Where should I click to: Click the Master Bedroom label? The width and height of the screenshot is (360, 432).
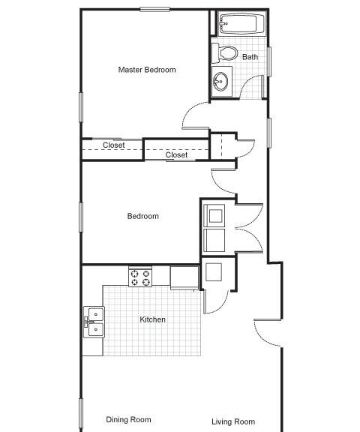click(147, 70)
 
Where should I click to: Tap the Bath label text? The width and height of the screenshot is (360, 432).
click(250, 57)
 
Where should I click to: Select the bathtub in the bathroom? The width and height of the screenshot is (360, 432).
click(241, 23)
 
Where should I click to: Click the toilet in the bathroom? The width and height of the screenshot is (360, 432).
click(225, 53)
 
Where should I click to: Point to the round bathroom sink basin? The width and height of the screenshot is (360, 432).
click(220, 81)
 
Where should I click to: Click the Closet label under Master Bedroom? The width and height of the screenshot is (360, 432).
click(114, 145)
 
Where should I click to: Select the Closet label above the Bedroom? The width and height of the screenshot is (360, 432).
click(176, 154)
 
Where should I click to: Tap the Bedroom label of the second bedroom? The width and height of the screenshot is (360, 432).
click(143, 216)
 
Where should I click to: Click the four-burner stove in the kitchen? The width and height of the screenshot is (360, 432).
click(140, 277)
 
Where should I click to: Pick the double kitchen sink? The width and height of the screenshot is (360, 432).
click(94, 322)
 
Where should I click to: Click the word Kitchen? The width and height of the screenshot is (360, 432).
click(152, 319)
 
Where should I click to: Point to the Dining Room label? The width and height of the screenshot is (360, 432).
click(129, 419)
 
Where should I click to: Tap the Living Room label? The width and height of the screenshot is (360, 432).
click(233, 421)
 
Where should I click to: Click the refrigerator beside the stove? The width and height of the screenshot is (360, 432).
click(184, 277)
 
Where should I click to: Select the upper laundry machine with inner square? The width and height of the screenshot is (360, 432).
click(214, 216)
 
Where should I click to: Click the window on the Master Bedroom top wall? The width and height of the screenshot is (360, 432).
click(154, 9)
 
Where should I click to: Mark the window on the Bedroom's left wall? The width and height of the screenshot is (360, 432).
click(81, 217)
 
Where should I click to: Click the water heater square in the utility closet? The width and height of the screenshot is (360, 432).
click(214, 272)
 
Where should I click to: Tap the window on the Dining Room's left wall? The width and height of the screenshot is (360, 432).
click(81, 413)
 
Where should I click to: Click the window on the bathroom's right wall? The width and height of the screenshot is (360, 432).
click(269, 61)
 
